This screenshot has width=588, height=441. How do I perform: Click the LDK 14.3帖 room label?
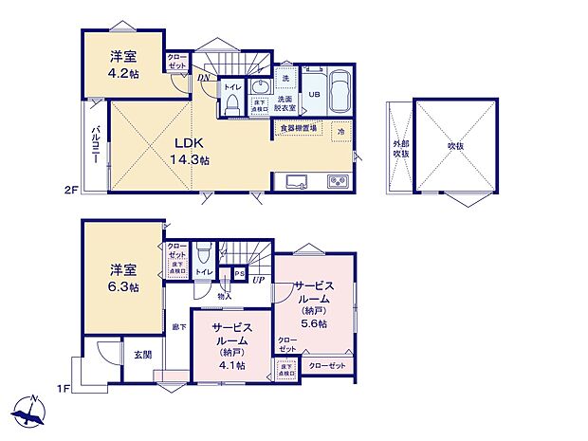click(188, 152)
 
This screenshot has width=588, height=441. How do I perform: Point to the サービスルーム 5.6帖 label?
click(312, 303)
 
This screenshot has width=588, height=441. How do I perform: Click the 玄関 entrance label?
click(142, 354)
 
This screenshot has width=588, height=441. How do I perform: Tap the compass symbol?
click(30, 412)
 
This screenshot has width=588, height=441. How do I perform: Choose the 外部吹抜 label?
click(401, 148)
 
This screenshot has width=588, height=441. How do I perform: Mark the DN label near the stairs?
click(203, 78)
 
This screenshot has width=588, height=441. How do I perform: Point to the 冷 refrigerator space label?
click(340, 132)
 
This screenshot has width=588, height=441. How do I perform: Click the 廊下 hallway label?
click(178, 327)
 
